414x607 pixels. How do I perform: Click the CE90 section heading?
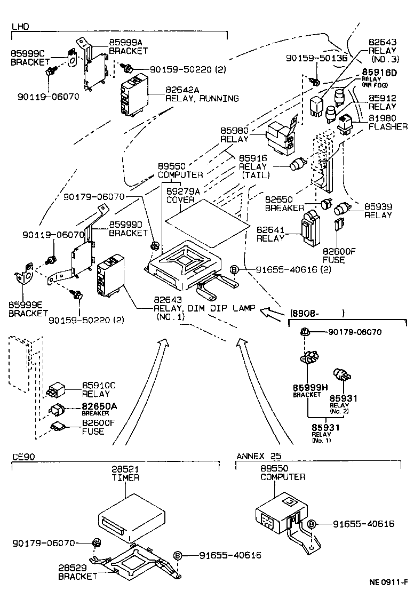(23, 456)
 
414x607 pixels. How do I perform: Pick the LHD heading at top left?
(20, 26)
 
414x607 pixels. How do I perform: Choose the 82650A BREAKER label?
(99, 409)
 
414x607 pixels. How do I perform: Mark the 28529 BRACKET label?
(78, 572)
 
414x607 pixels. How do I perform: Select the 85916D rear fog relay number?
(380, 72)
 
